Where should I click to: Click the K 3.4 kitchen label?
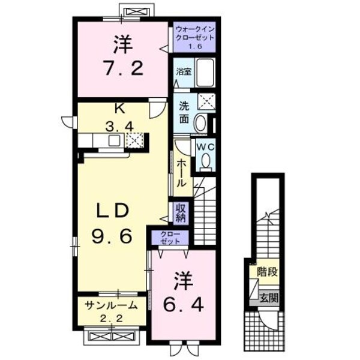118,119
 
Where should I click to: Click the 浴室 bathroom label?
182,72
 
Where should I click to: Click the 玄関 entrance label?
269,297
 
